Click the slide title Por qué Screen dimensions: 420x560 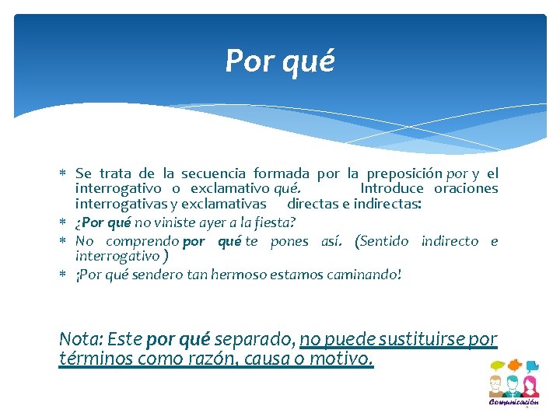tap(279, 61)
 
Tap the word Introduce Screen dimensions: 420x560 tap(392, 188)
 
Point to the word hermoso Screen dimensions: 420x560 tap(238, 274)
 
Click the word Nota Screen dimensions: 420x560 tap(79, 340)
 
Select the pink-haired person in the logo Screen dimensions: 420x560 tap(530, 386)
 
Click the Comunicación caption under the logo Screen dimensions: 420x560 tap(513, 403)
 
